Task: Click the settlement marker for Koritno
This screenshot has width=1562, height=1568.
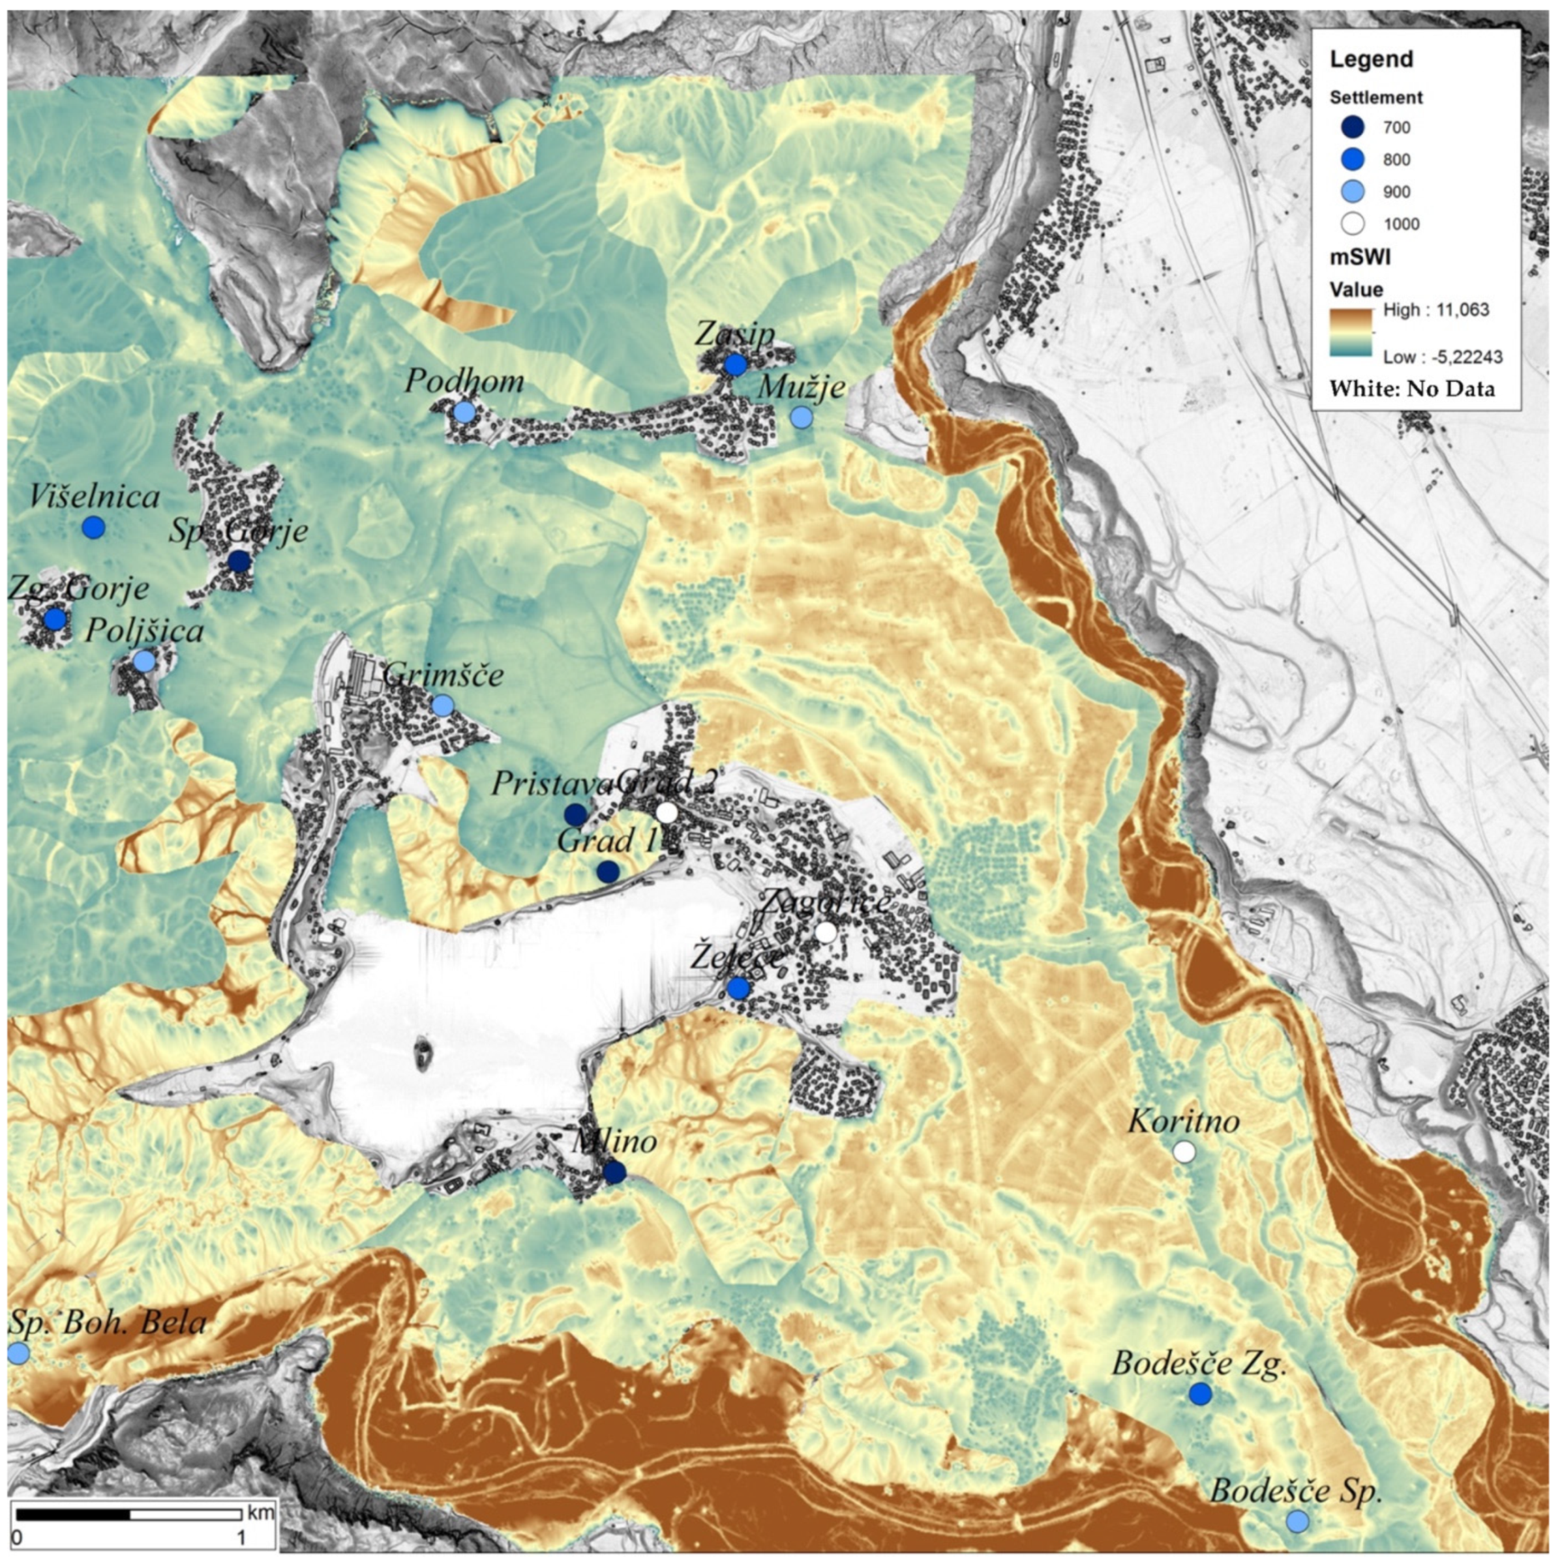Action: point(1185,1153)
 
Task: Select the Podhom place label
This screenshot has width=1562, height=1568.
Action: point(464,381)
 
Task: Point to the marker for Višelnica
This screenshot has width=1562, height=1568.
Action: point(94,527)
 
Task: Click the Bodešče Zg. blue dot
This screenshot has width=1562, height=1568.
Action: point(1201,1395)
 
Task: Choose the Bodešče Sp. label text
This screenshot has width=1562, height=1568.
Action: point(1296,1492)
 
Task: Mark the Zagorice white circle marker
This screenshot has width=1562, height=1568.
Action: point(826,932)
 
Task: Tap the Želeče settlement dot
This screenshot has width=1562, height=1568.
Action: point(738,988)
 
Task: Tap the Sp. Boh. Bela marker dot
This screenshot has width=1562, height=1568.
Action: point(18,1353)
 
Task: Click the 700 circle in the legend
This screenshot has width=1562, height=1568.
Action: point(1353,127)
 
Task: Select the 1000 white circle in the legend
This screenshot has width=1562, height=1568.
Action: point(1353,224)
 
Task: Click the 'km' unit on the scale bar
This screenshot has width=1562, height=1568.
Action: point(261,1513)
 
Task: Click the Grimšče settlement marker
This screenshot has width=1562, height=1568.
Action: point(442,705)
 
